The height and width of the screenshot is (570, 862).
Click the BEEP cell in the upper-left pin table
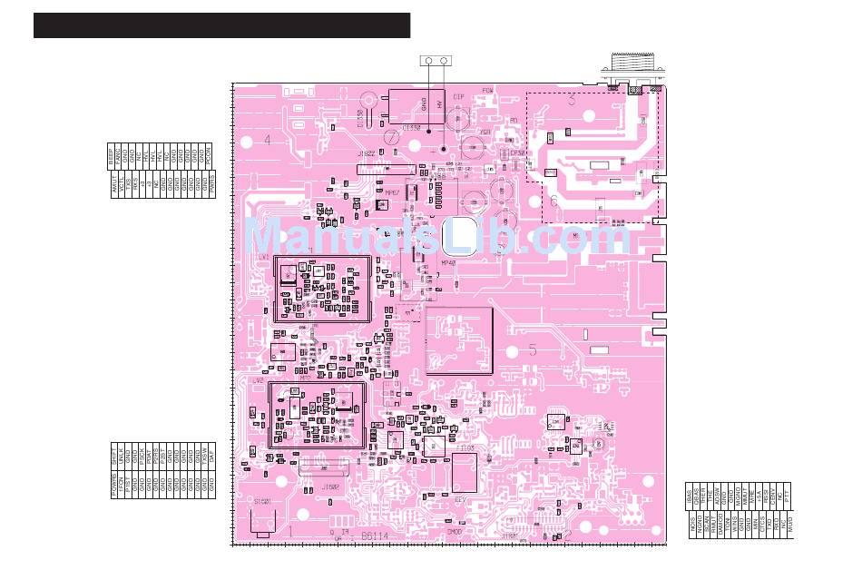[111, 156]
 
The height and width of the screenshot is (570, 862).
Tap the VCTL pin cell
[122, 184]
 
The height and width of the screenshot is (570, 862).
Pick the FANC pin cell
[118, 156]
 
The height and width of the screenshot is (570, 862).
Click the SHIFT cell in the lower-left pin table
[114, 457]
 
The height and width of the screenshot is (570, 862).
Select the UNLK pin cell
[121, 457]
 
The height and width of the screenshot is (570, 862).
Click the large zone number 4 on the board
[267, 141]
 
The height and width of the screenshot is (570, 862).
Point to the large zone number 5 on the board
[533, 349]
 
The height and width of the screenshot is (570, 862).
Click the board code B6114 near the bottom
[375, 536]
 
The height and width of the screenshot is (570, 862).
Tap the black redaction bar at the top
[221, 25]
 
